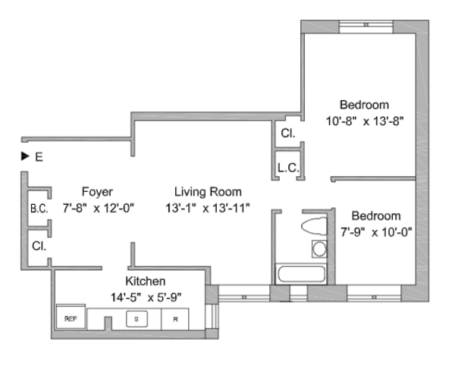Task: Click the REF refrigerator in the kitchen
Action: coord(71,316)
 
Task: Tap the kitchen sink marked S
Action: coord(136,319)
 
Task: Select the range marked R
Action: coord(175,319)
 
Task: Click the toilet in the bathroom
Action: coord(314,225)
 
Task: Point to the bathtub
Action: coord(301,274)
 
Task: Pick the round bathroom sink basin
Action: coord(319,249)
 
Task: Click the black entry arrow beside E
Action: coord(25,156)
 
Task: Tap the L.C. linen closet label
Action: coord(288,168)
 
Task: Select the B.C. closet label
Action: coord(39,209)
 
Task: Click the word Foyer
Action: coord(97,192)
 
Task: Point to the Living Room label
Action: coord(208,192)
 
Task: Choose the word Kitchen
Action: coord(146,281)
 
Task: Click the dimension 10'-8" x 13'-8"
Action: coord(365,121)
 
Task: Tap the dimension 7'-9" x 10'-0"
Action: coord(376,232)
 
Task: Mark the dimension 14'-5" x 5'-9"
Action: coord(146,297)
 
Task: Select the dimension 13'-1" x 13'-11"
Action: coord(208,208)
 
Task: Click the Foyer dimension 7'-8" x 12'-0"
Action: coord(99,208)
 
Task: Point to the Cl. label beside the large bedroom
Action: coord(288,134)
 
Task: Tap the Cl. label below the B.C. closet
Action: coord(39,246)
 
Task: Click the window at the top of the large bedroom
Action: coord(366,25)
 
